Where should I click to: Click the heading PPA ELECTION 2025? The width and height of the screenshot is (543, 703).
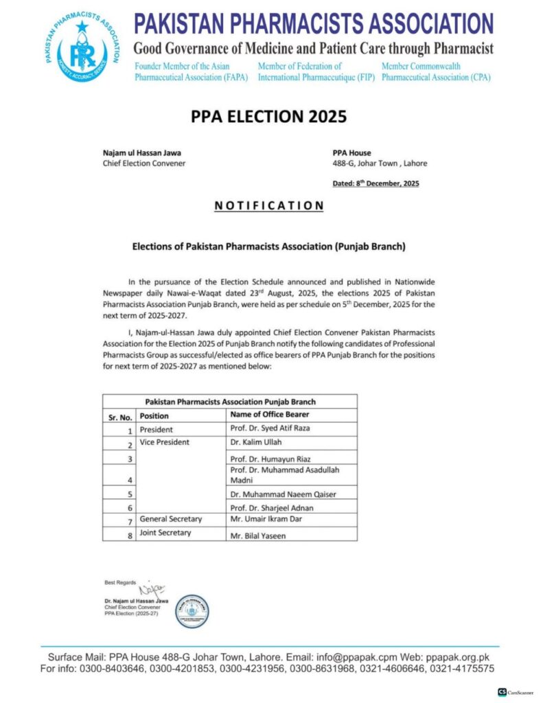click(269, 116)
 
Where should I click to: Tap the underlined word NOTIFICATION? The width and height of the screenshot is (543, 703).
click(269, 205)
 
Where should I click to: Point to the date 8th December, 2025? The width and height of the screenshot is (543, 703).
click(376, 183)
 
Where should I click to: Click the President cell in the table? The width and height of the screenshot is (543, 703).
click(156, 430)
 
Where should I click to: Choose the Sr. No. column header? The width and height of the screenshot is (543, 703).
click(120, 415)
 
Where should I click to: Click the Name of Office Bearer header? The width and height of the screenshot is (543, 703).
click(270, 415)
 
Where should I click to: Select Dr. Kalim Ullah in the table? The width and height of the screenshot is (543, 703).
click(256, 443)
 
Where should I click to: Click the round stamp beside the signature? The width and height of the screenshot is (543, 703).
click(192, 611)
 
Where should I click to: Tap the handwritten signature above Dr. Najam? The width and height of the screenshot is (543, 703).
click(152, 588)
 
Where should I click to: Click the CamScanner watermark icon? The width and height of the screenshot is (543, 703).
click(502, 692)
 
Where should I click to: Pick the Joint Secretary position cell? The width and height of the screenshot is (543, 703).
click(165, 533)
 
